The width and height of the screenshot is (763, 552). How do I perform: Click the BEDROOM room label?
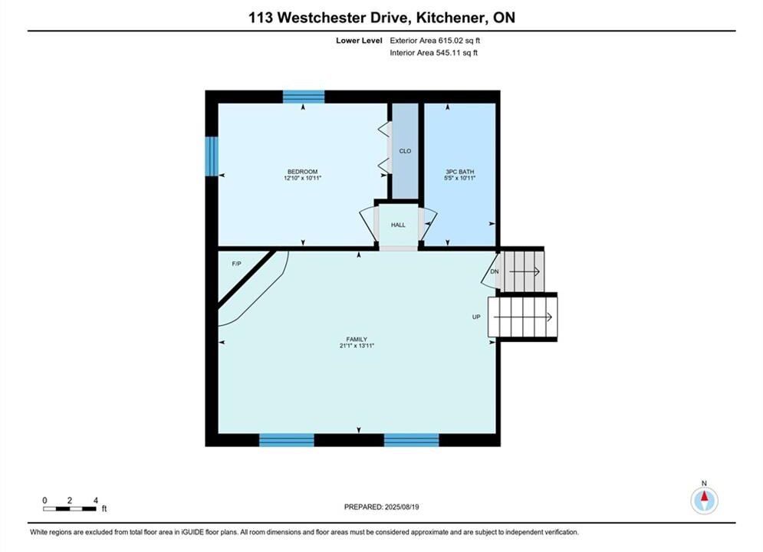[x=302, y=172]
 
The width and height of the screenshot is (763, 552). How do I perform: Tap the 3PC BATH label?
[x=459, y=172]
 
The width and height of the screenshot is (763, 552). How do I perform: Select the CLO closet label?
[x=405, y=151]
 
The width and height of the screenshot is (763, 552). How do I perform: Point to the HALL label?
[x=398, y=225]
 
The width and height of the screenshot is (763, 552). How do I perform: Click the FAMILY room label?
[x=357, y=340]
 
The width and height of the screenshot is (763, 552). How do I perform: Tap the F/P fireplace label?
[x=236, y=264]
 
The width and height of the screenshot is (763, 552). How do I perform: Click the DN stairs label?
[x=495, y=271]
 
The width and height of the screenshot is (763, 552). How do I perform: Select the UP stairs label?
[x=476, y=317]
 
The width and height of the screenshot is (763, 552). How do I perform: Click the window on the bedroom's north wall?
[x=304, y=97]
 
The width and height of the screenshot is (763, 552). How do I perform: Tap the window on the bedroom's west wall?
[x=212, y=156]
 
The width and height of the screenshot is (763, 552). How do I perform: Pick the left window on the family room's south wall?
[x=287, y=440]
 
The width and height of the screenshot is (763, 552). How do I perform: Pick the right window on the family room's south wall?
[x=412, y=440]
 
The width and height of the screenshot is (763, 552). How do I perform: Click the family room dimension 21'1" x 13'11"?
[x=357, y=346]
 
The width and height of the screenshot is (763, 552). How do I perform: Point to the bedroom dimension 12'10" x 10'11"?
[x=302, y=178]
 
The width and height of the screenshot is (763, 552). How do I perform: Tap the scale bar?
[x=69, y=509]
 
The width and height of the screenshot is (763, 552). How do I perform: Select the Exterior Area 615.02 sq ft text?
[x=435, y=41]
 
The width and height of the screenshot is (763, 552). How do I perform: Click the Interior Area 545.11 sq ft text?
[x=433, y=53]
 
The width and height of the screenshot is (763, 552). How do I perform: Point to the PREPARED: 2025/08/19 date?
[x=382, y=507]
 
